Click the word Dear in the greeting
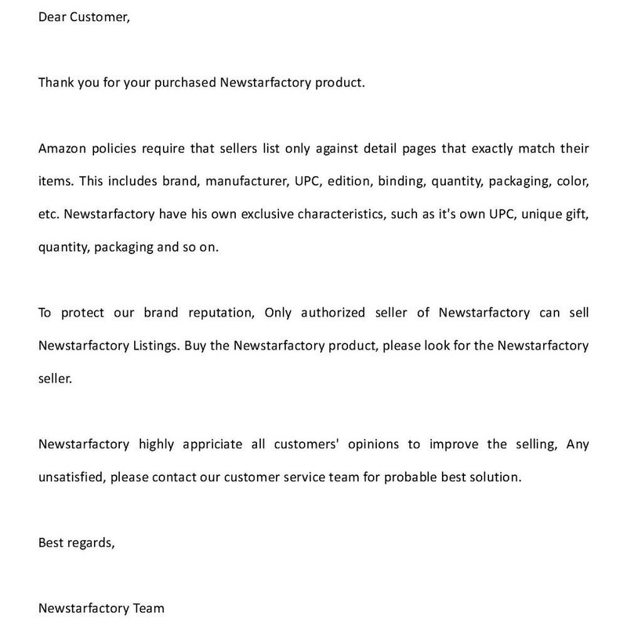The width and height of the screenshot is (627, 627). [52, 16]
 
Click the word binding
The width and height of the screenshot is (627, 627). [400, 181]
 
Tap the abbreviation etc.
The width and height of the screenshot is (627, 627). [49, 214]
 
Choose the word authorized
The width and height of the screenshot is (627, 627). [328, 313]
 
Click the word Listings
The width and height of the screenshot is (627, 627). [155, 346]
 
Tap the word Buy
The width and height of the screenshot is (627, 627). [197, 346]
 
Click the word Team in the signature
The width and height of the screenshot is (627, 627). [149, 608]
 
